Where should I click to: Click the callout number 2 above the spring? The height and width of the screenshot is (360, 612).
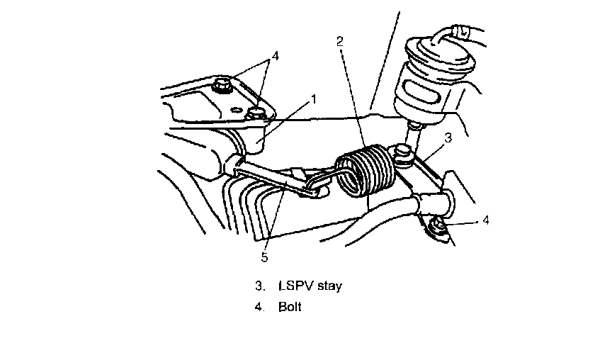click(340, 41)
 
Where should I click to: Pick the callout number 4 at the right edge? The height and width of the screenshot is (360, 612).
click(485, 220)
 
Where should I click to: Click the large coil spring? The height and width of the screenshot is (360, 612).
click(364, 173)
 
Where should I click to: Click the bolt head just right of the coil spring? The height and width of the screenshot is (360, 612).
click(404, 152)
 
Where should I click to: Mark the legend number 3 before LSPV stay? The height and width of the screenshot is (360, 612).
click(259, 286)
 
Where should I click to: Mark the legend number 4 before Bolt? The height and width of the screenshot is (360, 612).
click(259, 308)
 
